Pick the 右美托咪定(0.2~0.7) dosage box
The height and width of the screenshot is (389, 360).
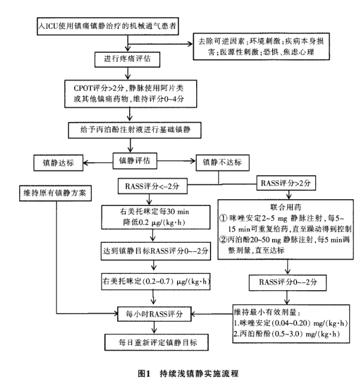coord(154,281)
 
